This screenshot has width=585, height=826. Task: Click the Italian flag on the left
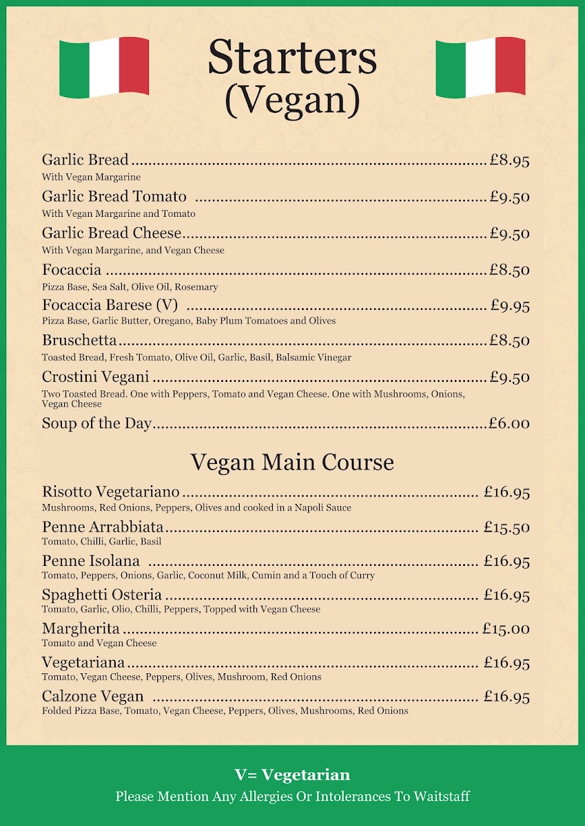click(x=104, y=67)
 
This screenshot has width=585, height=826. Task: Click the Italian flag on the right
click(x=480, y=67)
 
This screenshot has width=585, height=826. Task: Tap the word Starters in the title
click(x=292, y=58)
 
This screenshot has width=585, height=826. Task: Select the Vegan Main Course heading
click(x=292, y=462)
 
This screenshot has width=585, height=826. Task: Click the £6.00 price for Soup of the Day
click(x=509, y=423)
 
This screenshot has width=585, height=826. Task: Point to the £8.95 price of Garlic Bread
click(x=509, y=160)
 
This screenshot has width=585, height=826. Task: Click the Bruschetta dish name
click(x=79, y=341)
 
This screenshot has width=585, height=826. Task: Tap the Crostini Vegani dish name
click(x=95, y=377)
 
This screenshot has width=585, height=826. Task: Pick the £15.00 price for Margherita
click(x=506, y=628)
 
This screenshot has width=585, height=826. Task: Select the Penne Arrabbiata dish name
click(x=103, y=527)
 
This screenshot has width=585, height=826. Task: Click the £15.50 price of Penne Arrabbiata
click(x=506, y=527)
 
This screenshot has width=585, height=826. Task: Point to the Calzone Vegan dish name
click(x=92, y=697)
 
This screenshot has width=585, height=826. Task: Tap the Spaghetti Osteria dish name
click(x=102, y=595)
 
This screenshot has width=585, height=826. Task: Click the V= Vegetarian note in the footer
click(x=292, y=775)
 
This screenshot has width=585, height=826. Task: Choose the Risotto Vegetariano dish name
click(x=110, y=492)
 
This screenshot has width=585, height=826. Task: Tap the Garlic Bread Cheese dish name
click(x=112, y=233)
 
